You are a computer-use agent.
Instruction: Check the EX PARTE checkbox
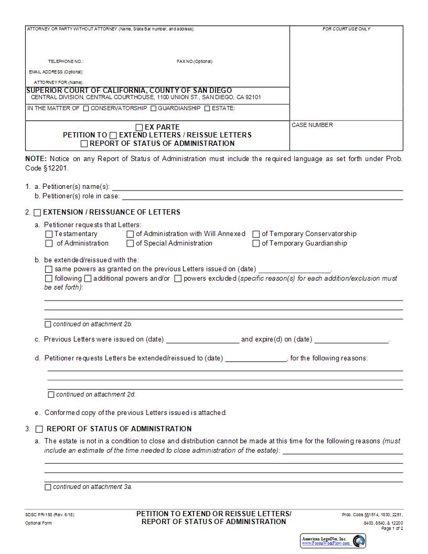(x=139, y=127)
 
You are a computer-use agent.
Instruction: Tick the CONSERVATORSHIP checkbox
(x=86, y=109)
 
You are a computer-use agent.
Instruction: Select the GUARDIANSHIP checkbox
(x=153, y=109)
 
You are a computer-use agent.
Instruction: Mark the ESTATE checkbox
(x=207, y=109)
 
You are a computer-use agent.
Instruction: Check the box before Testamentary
(x=49, y=234)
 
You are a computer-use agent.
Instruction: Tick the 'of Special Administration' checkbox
(x=130, y=243)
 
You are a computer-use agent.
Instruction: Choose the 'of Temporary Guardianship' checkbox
(x=256, y=243)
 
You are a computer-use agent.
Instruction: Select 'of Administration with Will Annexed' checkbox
(x=130, y=234)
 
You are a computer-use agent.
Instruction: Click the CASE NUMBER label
(x=312, y=125)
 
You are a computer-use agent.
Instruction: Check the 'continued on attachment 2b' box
(x=48, y=324)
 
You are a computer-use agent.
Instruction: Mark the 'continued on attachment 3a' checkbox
(x=48, y=487)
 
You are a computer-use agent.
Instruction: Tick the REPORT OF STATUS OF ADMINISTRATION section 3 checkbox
(x=39, y=429)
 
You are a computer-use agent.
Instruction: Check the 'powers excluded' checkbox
(x=178, y=279)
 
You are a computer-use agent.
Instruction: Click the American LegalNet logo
(x=333, y=541)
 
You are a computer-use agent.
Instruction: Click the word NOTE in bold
(x=36, y=158)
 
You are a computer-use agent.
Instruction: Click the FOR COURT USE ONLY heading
(x=346, y=29)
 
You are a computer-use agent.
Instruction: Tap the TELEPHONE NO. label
(x=66, y=61)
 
